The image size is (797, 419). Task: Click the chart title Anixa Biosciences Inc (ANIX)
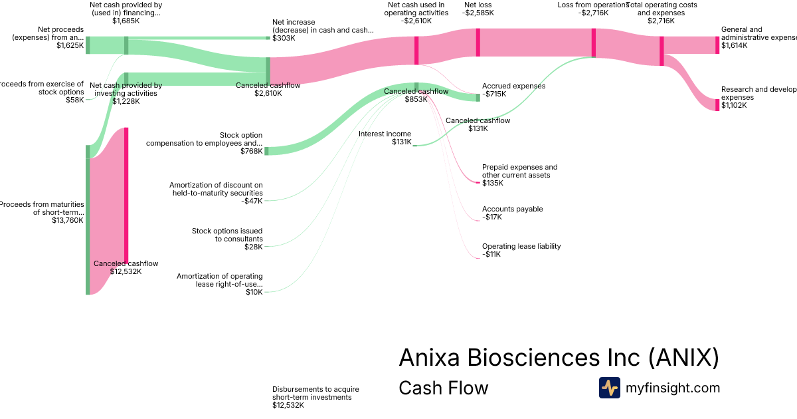[x=559, y=358]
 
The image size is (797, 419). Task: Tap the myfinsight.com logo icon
[x=609, y=388]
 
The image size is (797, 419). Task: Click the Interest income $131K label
[x=385, y=138]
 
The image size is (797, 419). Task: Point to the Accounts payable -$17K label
[x=512, y=213]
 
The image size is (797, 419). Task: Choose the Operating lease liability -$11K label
[x=521, y=250]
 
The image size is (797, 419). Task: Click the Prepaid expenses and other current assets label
[x=519, y=171]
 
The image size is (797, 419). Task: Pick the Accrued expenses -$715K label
[x=513, y=90]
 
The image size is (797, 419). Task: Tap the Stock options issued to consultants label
[x=227, y=235]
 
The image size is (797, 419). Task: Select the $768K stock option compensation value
[x=251, y=152]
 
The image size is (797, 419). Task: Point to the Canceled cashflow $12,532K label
[x=126, y=267]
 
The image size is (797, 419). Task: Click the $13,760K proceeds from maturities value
[x=67, y=221]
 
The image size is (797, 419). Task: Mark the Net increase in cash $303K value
[x=284, y=39]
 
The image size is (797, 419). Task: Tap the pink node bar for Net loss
[x=478, y=43]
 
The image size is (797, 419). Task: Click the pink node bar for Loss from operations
[x=593, y=43]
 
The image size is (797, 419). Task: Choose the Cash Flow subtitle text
[x=443, y=388]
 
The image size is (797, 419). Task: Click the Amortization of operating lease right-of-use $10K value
[x=254, y=293]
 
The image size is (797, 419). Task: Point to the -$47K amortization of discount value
[x=252, y=201]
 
